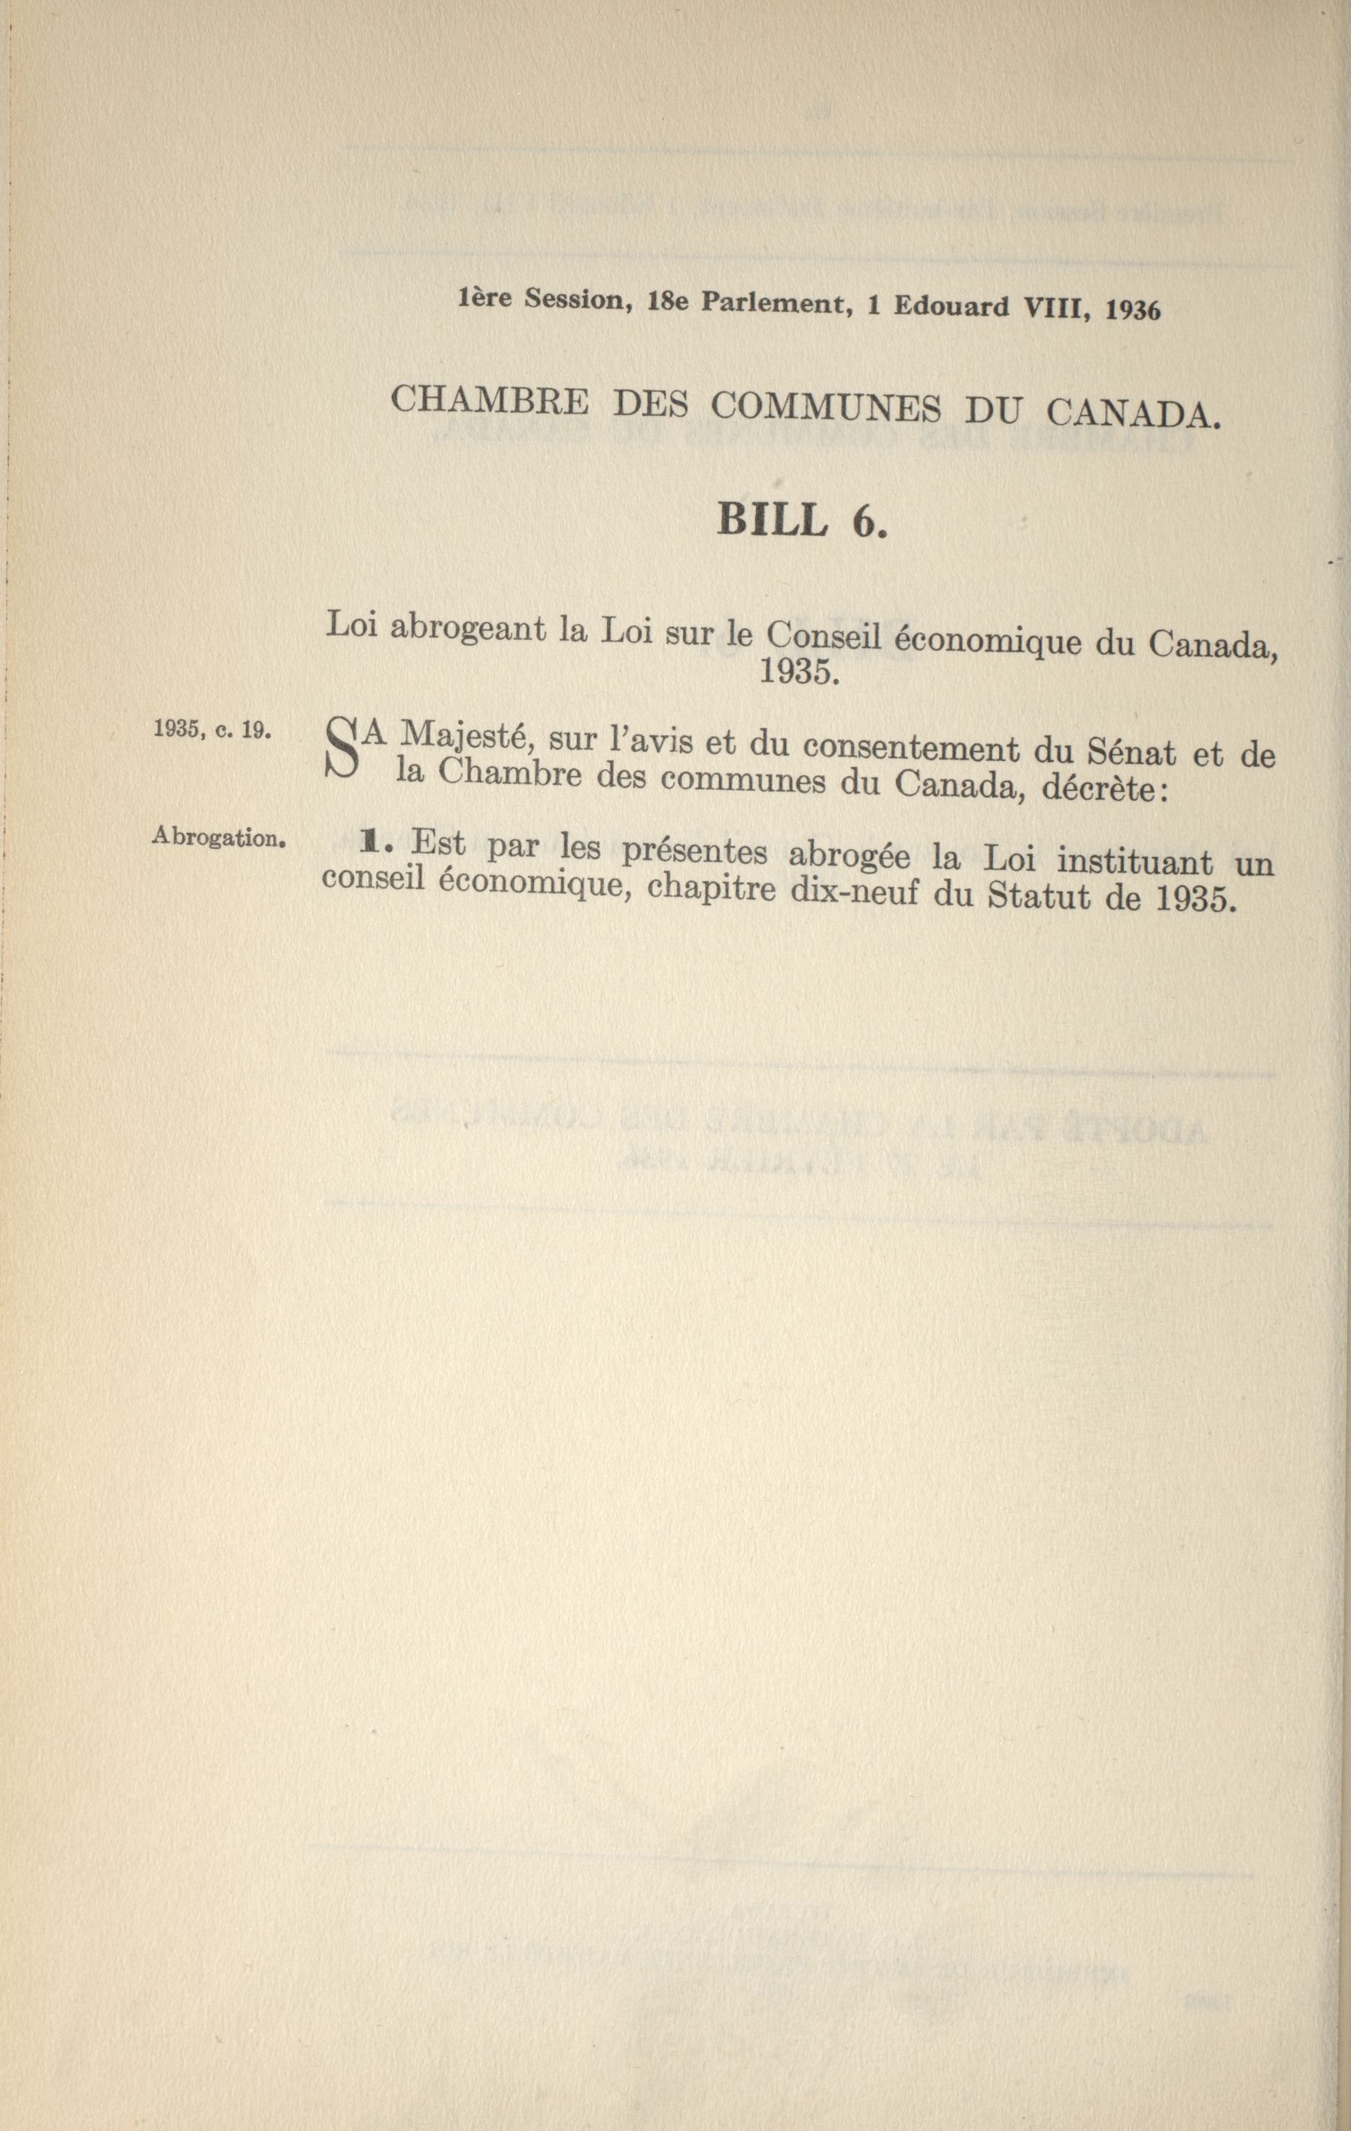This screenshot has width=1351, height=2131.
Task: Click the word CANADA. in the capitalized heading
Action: click(x=1132, y=414)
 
